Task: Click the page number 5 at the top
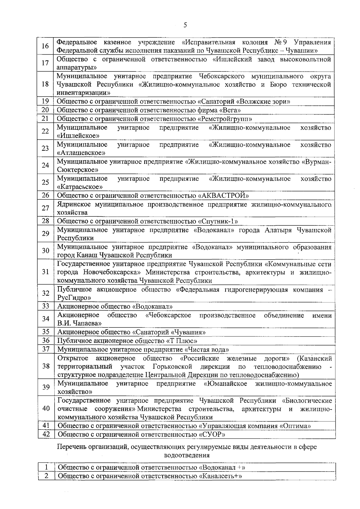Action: [x=185, y=25]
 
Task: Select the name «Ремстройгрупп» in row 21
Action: [x=225, y=119]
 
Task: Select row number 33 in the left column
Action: [x=46, y=306]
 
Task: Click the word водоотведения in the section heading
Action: [x=187, y=455]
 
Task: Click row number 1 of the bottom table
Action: [x=46, y=467]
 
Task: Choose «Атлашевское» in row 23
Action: [x=81, y=153]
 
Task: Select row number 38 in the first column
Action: [x=46, y=366]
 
